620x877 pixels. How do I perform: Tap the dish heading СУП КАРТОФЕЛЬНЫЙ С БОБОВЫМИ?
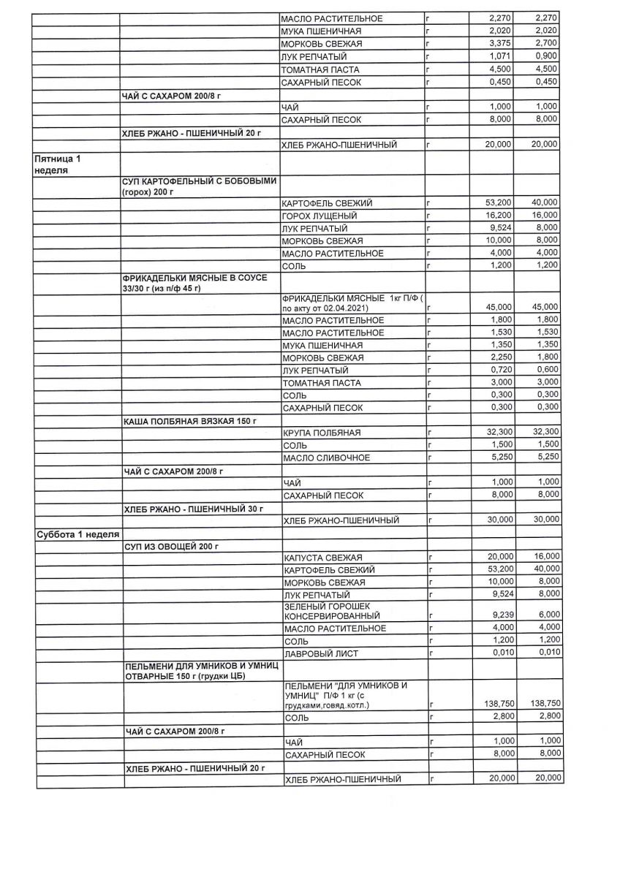point(199,186)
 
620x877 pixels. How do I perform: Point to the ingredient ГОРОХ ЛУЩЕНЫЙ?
point(319,216)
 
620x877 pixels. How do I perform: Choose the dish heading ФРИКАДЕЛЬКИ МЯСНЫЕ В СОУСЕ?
point(195,283)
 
